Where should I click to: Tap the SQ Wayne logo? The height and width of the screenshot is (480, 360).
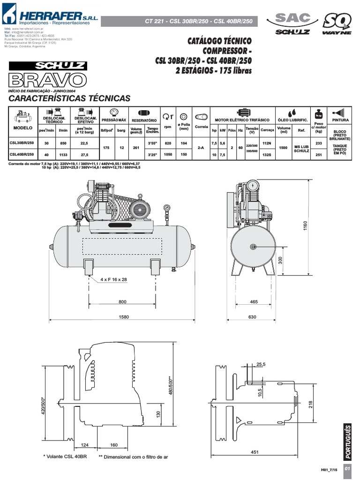tap(337, 23)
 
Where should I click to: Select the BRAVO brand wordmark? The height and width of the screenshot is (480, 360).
tap(47, 79)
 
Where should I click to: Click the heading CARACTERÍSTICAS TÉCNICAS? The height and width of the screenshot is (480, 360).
tap(69, 98)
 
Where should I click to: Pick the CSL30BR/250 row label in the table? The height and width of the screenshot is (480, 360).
tap(22, 142)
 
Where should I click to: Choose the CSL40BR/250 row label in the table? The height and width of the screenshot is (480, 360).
tap(22, 154)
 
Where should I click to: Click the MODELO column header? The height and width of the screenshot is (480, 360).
tap(22, 127)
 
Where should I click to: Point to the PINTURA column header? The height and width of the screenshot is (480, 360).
tap(340, 120)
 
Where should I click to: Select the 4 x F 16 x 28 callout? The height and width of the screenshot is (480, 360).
tap(114, 280)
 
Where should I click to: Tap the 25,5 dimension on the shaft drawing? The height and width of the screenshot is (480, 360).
tap(261, 364)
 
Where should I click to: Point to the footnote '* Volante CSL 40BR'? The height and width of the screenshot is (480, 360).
tap(65, 456)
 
